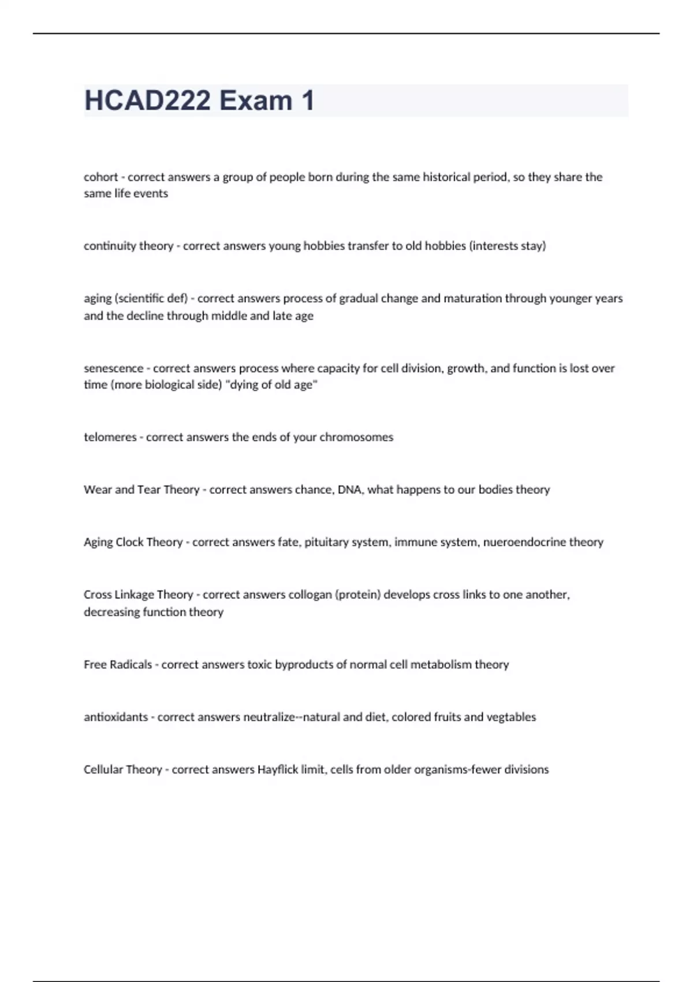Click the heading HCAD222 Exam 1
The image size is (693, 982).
pos(199,101)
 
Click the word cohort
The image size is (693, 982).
pos(100,177)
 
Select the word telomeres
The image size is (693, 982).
pos(110,437)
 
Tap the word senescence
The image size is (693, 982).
pos(113,369)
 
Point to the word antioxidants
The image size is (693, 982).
pos(115,717)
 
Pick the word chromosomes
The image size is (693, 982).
pos(356,437)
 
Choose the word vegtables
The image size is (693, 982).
pos(511,717)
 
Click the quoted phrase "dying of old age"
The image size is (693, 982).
pos(274,385)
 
